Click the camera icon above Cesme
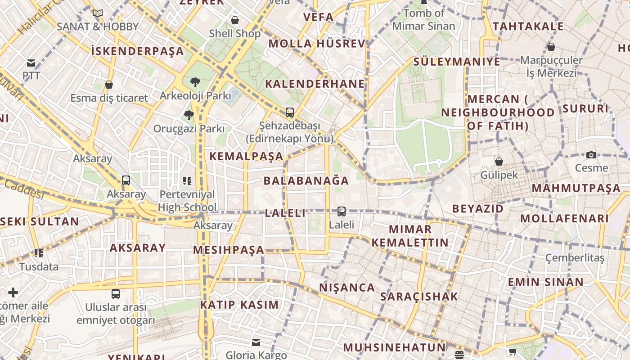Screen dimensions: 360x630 591,155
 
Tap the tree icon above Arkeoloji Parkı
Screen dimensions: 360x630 195,82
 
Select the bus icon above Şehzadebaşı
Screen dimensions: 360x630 289,112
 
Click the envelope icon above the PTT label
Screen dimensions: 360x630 31,63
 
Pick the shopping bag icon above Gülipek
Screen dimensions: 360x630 499,162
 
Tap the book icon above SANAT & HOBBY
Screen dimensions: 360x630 98,13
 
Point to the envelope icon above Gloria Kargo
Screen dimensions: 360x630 256,342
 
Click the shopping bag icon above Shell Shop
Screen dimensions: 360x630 234,20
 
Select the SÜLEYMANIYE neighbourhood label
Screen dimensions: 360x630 456,62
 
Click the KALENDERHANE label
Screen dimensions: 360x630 315,84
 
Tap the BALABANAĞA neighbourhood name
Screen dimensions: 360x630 306,181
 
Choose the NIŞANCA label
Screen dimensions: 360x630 347,288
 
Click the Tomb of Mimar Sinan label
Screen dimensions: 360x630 424,19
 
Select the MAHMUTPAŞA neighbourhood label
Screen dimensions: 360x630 576,188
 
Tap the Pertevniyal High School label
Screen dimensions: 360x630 187,201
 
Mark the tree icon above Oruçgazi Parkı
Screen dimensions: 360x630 189,115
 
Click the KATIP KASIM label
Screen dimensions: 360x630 239,305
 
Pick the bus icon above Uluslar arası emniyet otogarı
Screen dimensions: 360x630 116,294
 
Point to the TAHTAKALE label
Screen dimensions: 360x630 528,27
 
